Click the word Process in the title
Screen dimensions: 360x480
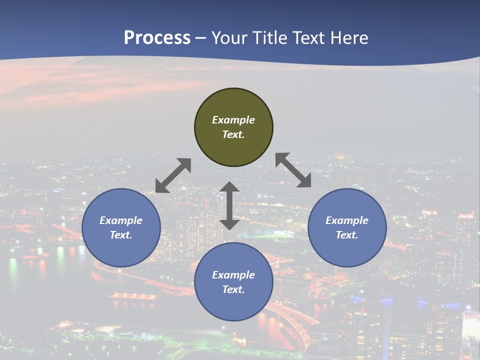coord(157,38)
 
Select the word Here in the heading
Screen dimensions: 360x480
coord(350,38)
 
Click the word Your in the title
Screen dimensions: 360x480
coord(228,38)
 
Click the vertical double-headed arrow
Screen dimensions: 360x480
coord(229,205)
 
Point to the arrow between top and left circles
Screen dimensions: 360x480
coord(173,175)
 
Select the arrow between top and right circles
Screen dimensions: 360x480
coord(293,170)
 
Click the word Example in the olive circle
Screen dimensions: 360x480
coord(233,120)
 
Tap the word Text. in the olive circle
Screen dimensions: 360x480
coord(233,134)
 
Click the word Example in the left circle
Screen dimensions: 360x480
coord(121,220)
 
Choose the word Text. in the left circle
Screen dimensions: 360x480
coord(121,235)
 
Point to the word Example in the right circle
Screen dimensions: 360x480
coord(347,220)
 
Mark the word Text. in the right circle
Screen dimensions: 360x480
coord(347,235)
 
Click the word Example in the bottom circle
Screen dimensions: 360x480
coord(233,275)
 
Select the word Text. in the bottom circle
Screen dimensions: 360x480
coord(233,289)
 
